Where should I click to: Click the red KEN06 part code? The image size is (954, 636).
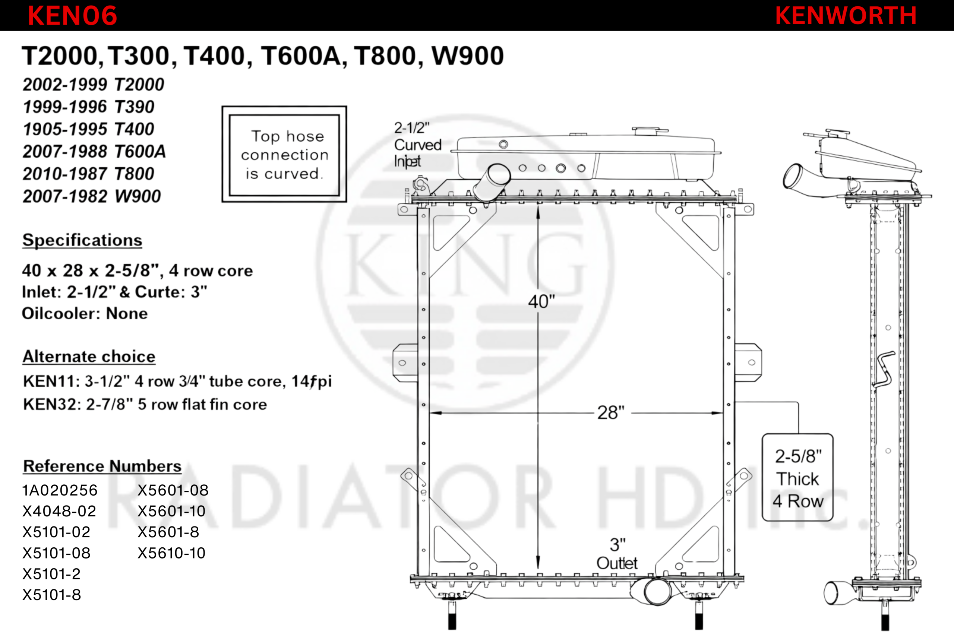click(72, 15)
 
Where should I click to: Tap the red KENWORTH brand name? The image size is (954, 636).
click(846, 15)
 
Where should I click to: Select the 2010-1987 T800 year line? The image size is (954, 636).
click(88, 174)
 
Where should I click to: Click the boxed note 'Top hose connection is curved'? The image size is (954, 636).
click(284, 154)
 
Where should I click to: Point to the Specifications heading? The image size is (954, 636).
click(82, 240)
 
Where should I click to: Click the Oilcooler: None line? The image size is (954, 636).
click(85, 314)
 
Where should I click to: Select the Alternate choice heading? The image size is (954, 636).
click(89, 357)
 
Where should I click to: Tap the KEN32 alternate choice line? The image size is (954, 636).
click(145, 404)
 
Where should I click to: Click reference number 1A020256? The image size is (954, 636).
click(60, 490)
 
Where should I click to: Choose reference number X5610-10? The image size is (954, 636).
click(171, 553)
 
